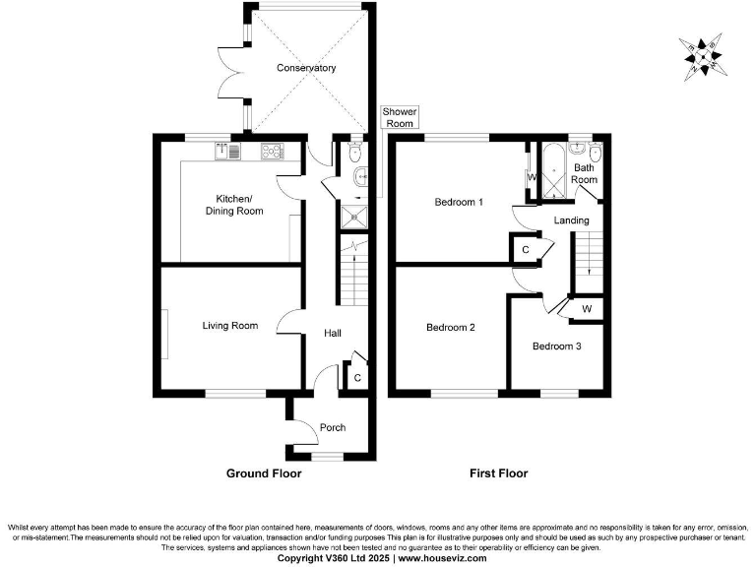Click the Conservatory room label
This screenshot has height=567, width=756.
pyautogui.click(x=306, y=68)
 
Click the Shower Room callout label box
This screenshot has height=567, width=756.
pyautogui.click(x=399, y=118)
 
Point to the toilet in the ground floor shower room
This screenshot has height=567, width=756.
pyautogui.click(x=354, y=151)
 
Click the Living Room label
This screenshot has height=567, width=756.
pyautogui.click(x=230, y=326)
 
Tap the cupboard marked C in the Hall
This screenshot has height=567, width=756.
pyautogui.click(x=356, y=377)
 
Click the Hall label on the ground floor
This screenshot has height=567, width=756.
pyautogui.click(x=333, y=334)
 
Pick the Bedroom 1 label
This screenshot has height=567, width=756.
pyautogui.click(x=460, y=203)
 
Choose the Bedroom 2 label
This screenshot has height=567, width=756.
pyautogui.click(x=451, y=328)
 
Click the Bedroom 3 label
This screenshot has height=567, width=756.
pyautogui.click(x=557, y=346)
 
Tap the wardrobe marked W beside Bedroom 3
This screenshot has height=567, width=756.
pyautogui.click(x=587, y=309)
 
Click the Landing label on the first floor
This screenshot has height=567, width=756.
pyautogui.click(x=571, y=220)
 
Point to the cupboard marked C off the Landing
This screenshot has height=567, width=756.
pyautogui.click(x=526, y=250)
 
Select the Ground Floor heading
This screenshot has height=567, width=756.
pyautogui.click(x=264, y=473)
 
